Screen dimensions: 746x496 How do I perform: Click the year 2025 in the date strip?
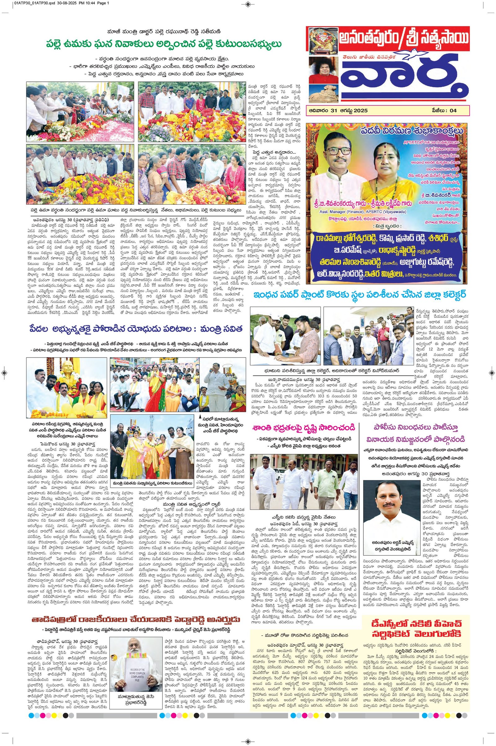[361, 110]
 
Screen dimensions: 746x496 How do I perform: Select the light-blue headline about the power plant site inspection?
[359, 295]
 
